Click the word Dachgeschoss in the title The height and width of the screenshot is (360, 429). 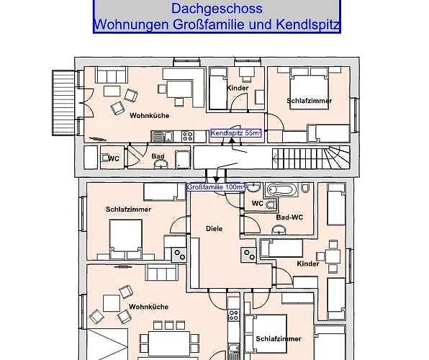click(x=217, y=9)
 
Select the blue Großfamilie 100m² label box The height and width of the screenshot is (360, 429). click(x=216, y=187)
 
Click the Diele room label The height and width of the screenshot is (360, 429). click(x=214, y=229)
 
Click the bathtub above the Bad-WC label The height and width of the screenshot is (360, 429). click(x=280, y=190)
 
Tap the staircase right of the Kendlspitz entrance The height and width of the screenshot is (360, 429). click(x=310, y=156)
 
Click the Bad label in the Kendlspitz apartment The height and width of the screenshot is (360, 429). click(x=157, y=156)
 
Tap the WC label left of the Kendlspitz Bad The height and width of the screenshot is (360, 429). click(x=114, y=158)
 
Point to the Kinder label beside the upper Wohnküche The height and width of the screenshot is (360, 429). click(x=238, y=89)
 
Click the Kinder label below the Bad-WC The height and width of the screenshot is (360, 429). click(x=307, y=264)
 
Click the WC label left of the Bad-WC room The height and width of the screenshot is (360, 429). click(x=257, y=204)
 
